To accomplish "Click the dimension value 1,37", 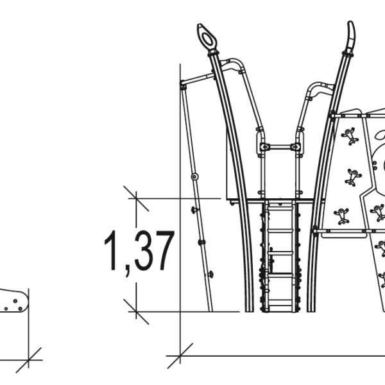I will coord(139,251).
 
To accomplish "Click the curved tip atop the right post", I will coord(350,35).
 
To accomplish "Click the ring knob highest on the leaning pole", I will coord(194,176).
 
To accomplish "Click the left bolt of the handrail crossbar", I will coord(263,148).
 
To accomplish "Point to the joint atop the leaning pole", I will coord(183,83).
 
